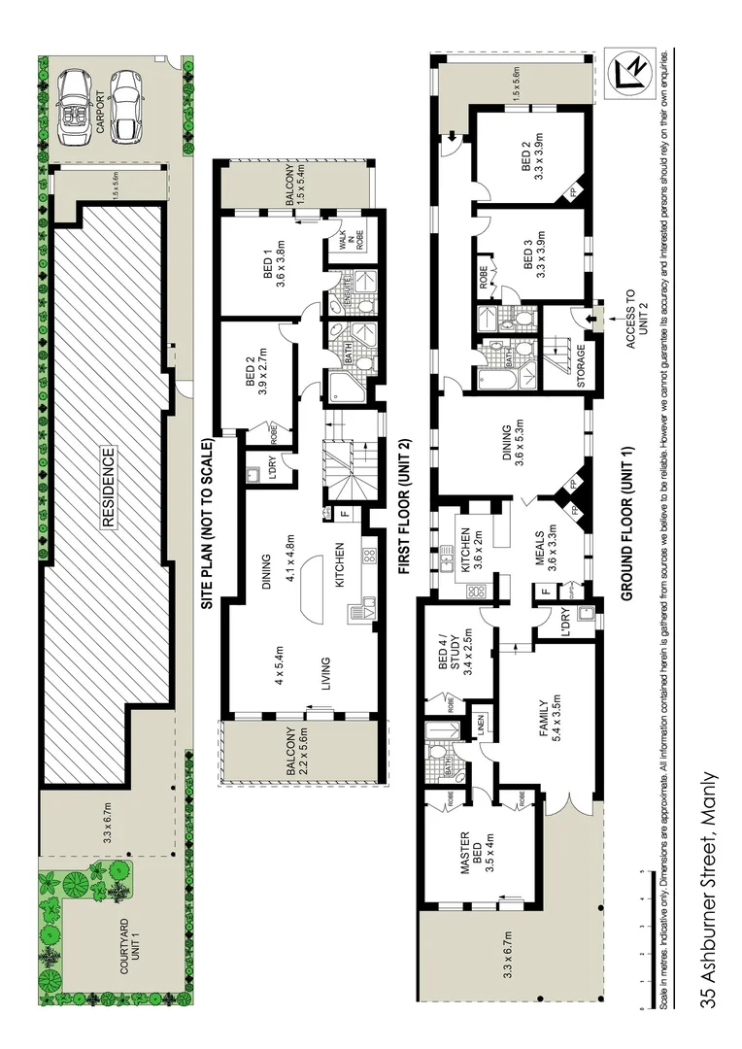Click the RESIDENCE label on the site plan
(x=109, y=487)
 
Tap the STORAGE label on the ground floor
(x=581, y=366)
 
